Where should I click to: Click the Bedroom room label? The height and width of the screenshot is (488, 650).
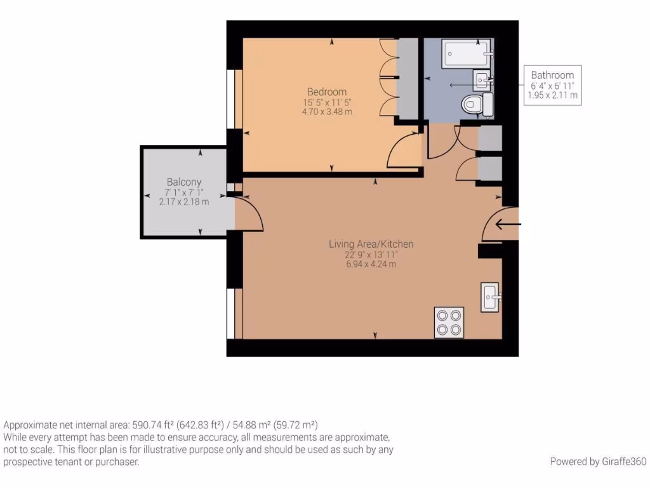pyautogui.click(x=327, y=91)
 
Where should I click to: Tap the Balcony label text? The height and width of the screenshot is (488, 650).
pyautogui.click(x=184, y=182)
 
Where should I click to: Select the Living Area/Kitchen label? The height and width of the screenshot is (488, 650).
pyautogui.click(x=371, y=244)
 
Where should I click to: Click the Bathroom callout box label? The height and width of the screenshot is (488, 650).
pyautogui.click(x=552, y=75)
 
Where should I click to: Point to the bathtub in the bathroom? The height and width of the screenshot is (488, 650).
pyautogui.click(x=467, y=55)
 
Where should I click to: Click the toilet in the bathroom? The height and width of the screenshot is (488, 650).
pyautogui.click(x=476, y=104)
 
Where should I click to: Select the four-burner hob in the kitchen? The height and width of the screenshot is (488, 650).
pyautogui.click(x=449, y=322)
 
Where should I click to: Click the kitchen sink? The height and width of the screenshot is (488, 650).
pyautogui.click(x=491, y=297)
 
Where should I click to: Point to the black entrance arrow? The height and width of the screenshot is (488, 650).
pyautogui.click(x=508, y=224)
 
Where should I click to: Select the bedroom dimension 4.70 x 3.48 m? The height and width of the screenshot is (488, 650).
pyautogui.click(x=327, y=111)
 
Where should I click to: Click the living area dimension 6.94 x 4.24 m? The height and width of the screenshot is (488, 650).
pyautogui.click(x=371, y=264)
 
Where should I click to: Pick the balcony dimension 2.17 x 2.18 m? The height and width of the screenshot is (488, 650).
pyautogui.click(x=184, y=201)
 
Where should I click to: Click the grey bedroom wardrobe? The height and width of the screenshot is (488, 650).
pyautogui.click(x=408, y=78)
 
